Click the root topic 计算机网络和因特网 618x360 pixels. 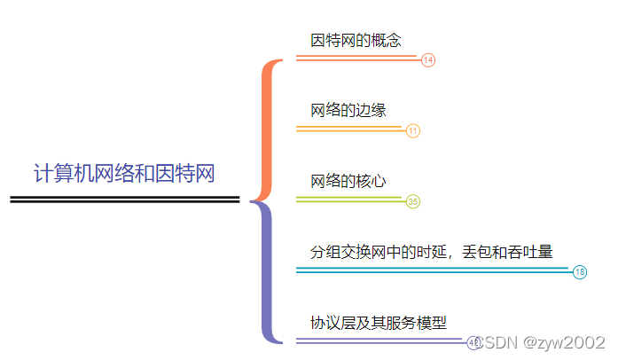pyautogui.click(x=125, y=172)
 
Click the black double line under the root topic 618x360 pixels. pyautogui.click(x=125, y=200)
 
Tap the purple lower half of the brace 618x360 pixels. pyautogui.click(x=264, y=275)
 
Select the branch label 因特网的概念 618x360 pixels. pyautogui.click(x=356, y=40)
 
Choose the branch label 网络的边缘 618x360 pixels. pyautogui.click(x=348, y=110)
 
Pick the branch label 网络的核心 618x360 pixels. pyautogui.click(x=348, y=181)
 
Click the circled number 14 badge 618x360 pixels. pyautogui.click(x=428, y=60)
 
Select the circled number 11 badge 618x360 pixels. pyautogui.click(x=413, y=131)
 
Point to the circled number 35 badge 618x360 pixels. pyautogui.click(x=413, y=201)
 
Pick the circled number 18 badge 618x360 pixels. pyautogui.click(x=580, y=272)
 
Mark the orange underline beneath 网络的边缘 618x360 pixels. pyautogui.click(x=349, y=129)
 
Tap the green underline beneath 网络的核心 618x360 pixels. pyautogui.click(x=349, y=200)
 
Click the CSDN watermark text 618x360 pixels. pyautogui.click(x=500, y=342)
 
